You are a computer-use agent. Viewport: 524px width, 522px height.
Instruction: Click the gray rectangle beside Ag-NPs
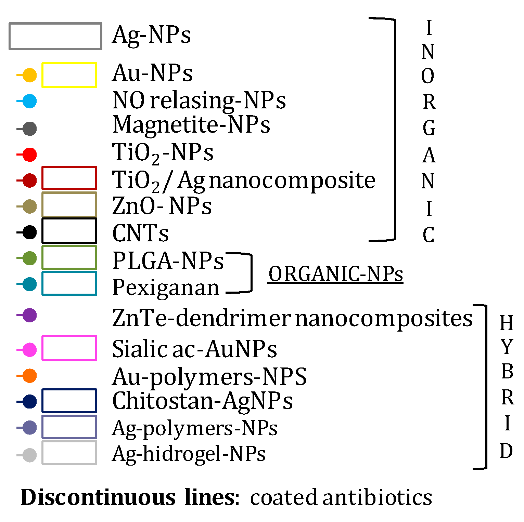55,36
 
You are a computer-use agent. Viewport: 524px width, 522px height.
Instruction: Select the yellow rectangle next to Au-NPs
69,75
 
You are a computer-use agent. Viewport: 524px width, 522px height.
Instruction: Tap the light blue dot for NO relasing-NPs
29,101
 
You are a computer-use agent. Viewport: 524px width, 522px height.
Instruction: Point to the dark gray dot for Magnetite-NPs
29,129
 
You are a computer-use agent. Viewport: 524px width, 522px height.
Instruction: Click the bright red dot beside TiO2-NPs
29,155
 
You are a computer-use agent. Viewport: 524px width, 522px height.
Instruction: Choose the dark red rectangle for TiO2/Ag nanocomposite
69,178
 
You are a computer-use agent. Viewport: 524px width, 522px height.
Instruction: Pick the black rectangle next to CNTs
69,231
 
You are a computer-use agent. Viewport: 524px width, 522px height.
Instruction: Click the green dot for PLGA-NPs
29,258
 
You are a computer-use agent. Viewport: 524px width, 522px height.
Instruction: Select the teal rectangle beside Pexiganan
69,283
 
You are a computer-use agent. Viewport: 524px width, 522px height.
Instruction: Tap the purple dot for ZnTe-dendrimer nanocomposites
29,315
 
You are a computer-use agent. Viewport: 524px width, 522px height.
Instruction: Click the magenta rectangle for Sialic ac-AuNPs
69,348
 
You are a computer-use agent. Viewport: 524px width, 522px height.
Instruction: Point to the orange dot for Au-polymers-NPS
29,376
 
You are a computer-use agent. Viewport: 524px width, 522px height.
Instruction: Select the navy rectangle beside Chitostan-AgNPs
69,401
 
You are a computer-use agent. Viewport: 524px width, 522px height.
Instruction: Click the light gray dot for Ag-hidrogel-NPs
29,455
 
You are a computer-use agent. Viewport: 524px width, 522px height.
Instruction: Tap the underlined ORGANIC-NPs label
335,274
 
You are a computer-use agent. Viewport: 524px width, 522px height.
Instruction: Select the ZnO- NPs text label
162,206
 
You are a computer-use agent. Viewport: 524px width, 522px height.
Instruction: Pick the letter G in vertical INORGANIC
429,128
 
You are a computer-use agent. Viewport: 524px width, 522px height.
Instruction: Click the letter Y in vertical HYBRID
507,347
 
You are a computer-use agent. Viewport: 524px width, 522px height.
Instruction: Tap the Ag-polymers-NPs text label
195,428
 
